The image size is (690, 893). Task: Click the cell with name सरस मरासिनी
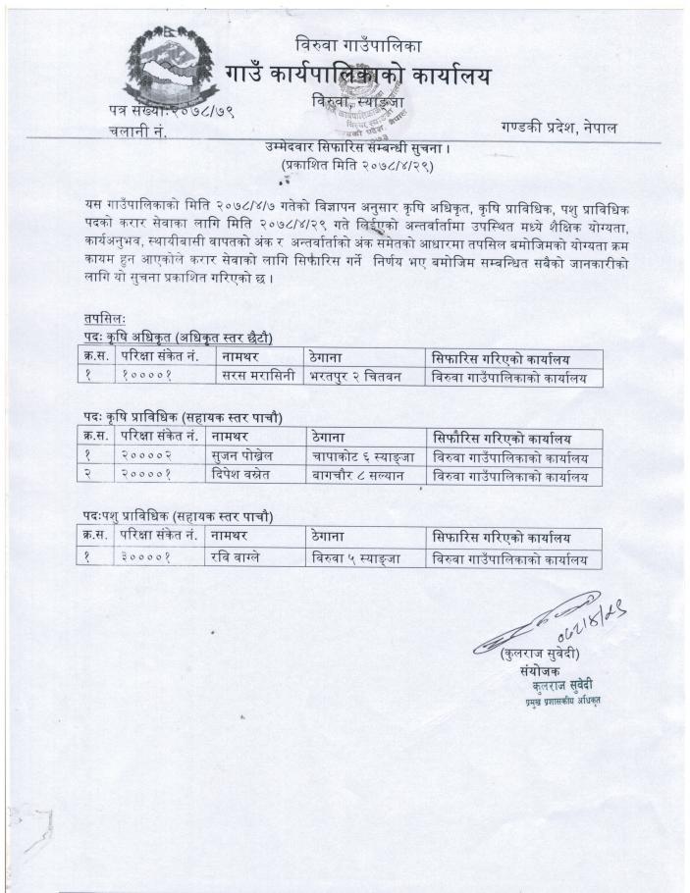(253, 377)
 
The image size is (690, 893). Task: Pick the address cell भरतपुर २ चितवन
(358, 377)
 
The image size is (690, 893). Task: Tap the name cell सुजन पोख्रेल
(248, 456)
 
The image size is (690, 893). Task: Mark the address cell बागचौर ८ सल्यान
(360, 476)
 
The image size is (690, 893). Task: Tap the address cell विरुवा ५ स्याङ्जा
(358, 559)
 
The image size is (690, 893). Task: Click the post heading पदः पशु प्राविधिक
(177, 516)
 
